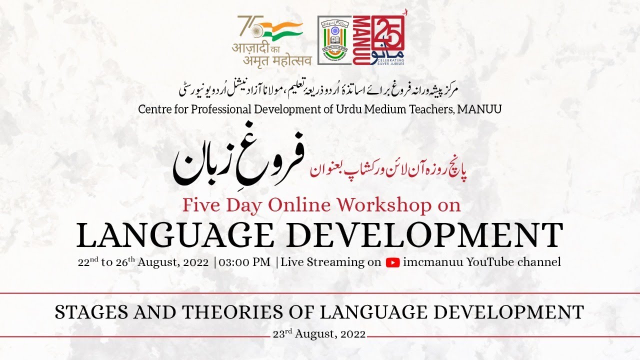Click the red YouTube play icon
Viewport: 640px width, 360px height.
tap(392, 262)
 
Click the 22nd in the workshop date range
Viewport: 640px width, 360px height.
tap(88, 262)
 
